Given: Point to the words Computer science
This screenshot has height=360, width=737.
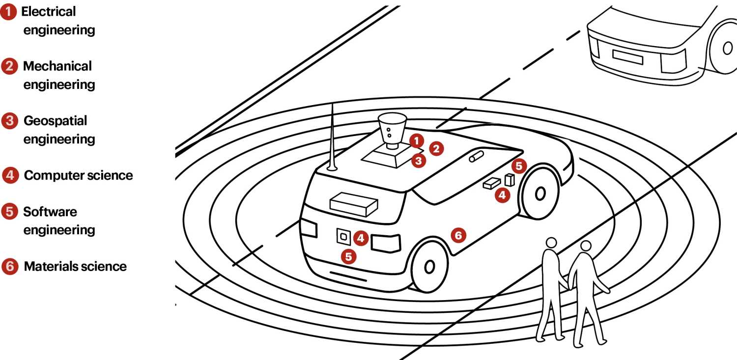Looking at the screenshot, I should (78, 175).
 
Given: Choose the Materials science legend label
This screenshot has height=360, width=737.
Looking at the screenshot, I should (75, 267).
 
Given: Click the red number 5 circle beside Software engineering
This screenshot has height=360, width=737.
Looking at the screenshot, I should (9, 212).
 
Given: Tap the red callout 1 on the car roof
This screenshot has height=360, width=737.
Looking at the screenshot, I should (416, 141).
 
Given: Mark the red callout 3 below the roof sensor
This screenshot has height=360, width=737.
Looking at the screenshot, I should (418, 160).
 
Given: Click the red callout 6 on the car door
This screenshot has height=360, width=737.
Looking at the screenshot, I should (458, 236).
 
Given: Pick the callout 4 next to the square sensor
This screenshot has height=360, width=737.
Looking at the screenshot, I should (361, 239).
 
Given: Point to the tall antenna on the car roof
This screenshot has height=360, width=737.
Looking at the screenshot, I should (332, 138).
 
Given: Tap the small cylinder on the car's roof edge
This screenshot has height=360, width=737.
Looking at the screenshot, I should (476, 156).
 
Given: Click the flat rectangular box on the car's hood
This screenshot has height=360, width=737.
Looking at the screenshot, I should (354, 203).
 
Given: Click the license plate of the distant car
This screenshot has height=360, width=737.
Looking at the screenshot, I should (627, 56).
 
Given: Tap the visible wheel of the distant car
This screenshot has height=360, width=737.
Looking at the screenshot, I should (724, 48).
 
